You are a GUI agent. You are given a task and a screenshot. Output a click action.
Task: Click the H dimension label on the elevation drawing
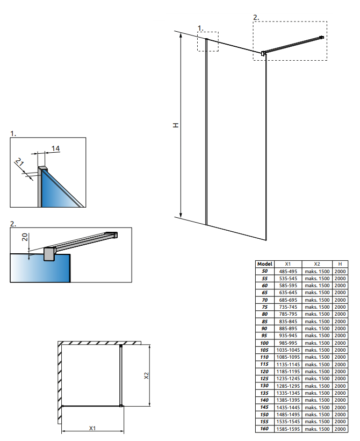175,125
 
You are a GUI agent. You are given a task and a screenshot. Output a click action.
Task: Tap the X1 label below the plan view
92,429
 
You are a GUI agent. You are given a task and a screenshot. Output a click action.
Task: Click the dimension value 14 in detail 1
55,148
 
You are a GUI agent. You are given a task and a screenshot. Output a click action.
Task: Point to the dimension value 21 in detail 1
19,162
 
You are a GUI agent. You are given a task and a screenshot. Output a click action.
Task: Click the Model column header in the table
265,264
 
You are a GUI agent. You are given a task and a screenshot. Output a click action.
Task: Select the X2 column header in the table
316,264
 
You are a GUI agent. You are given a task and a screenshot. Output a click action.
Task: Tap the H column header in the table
340,264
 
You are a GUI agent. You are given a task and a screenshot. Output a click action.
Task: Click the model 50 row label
265,272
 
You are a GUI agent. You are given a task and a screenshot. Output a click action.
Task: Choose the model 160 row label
265,429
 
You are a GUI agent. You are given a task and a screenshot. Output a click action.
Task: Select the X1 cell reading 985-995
288,343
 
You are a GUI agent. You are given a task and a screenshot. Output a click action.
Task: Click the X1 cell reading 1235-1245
288,379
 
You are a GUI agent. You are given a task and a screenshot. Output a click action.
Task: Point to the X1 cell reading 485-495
288,272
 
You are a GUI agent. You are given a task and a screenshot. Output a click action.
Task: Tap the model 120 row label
265,371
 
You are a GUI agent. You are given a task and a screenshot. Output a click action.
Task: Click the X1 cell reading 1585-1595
288,429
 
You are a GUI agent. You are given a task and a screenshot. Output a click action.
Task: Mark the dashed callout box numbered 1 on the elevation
208,41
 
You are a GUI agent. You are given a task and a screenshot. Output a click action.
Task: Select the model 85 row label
265,322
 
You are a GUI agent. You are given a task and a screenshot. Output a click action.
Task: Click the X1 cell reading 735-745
288,307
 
